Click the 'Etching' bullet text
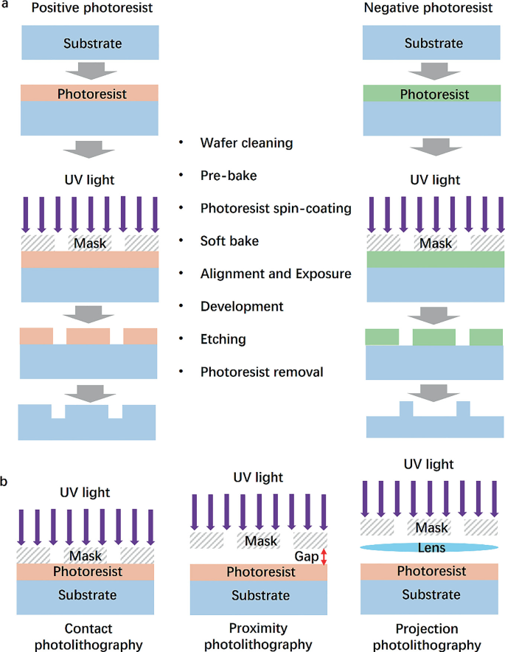(x=223, y=339)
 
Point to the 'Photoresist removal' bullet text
(x=262, y=372)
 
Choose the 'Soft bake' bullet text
(x=231, y=240)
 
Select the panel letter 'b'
(x=5, y=482)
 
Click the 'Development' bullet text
(x=241, y=306)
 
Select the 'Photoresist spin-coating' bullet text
(x=276, y=208)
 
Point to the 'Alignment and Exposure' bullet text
(x=274, y=274)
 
